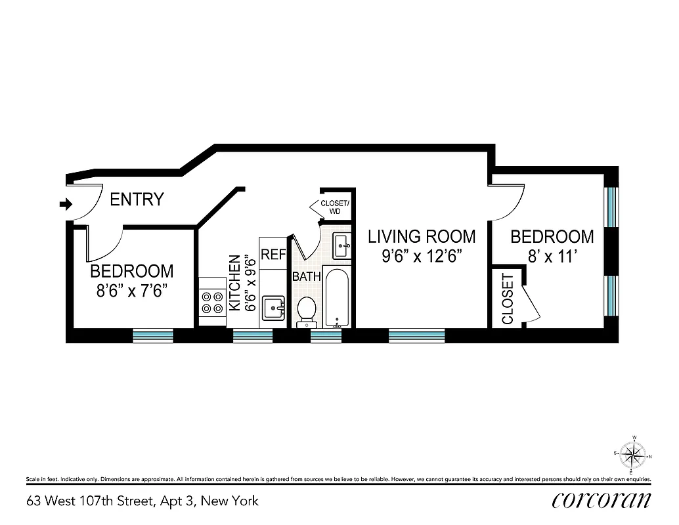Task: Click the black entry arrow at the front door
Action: [x=66, y=205]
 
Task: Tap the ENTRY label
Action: [x=137, y=199]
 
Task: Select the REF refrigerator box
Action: [x=273, y=255]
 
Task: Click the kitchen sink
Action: [x=273, y=306]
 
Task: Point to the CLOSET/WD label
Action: [x=335, y=207]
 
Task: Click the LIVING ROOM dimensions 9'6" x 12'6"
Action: [x=421, y=256]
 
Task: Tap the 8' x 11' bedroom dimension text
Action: [x=552, y=256]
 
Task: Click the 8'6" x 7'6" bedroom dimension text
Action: [x=132, y=291]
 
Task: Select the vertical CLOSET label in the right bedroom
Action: [x=508, y=299]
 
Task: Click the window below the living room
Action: [x=416, y=336]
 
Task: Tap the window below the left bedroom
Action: [x=153, y=336]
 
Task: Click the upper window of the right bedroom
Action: [x=611, y=207]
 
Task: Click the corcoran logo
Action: [x=602, y=500]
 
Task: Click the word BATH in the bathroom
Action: [x=307, y=276]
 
